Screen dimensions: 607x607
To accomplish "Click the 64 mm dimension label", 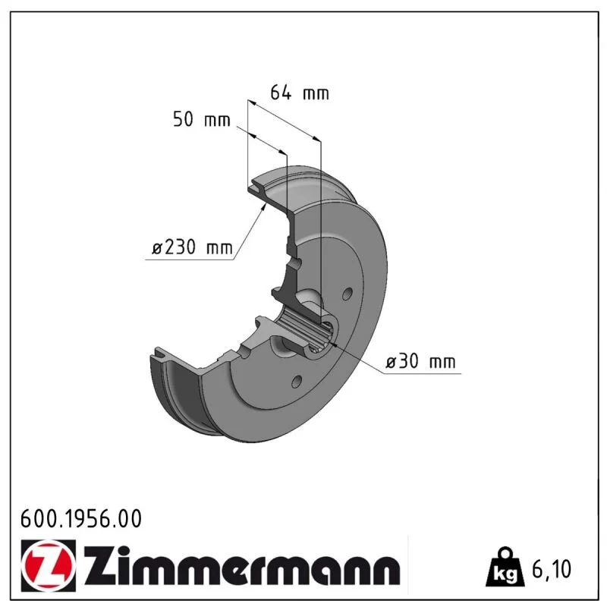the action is coord(299,93).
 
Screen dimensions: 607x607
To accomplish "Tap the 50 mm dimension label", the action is coord(201,119).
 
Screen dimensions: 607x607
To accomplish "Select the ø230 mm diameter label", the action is coord(193,247).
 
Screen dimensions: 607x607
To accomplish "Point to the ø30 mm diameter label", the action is coord(420,361).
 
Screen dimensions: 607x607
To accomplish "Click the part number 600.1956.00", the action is coord(81,519).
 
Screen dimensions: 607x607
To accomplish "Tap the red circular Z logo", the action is coord(49,565).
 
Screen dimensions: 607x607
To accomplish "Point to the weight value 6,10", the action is coord(552,568).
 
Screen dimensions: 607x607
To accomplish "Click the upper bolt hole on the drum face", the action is coord(348,294).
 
